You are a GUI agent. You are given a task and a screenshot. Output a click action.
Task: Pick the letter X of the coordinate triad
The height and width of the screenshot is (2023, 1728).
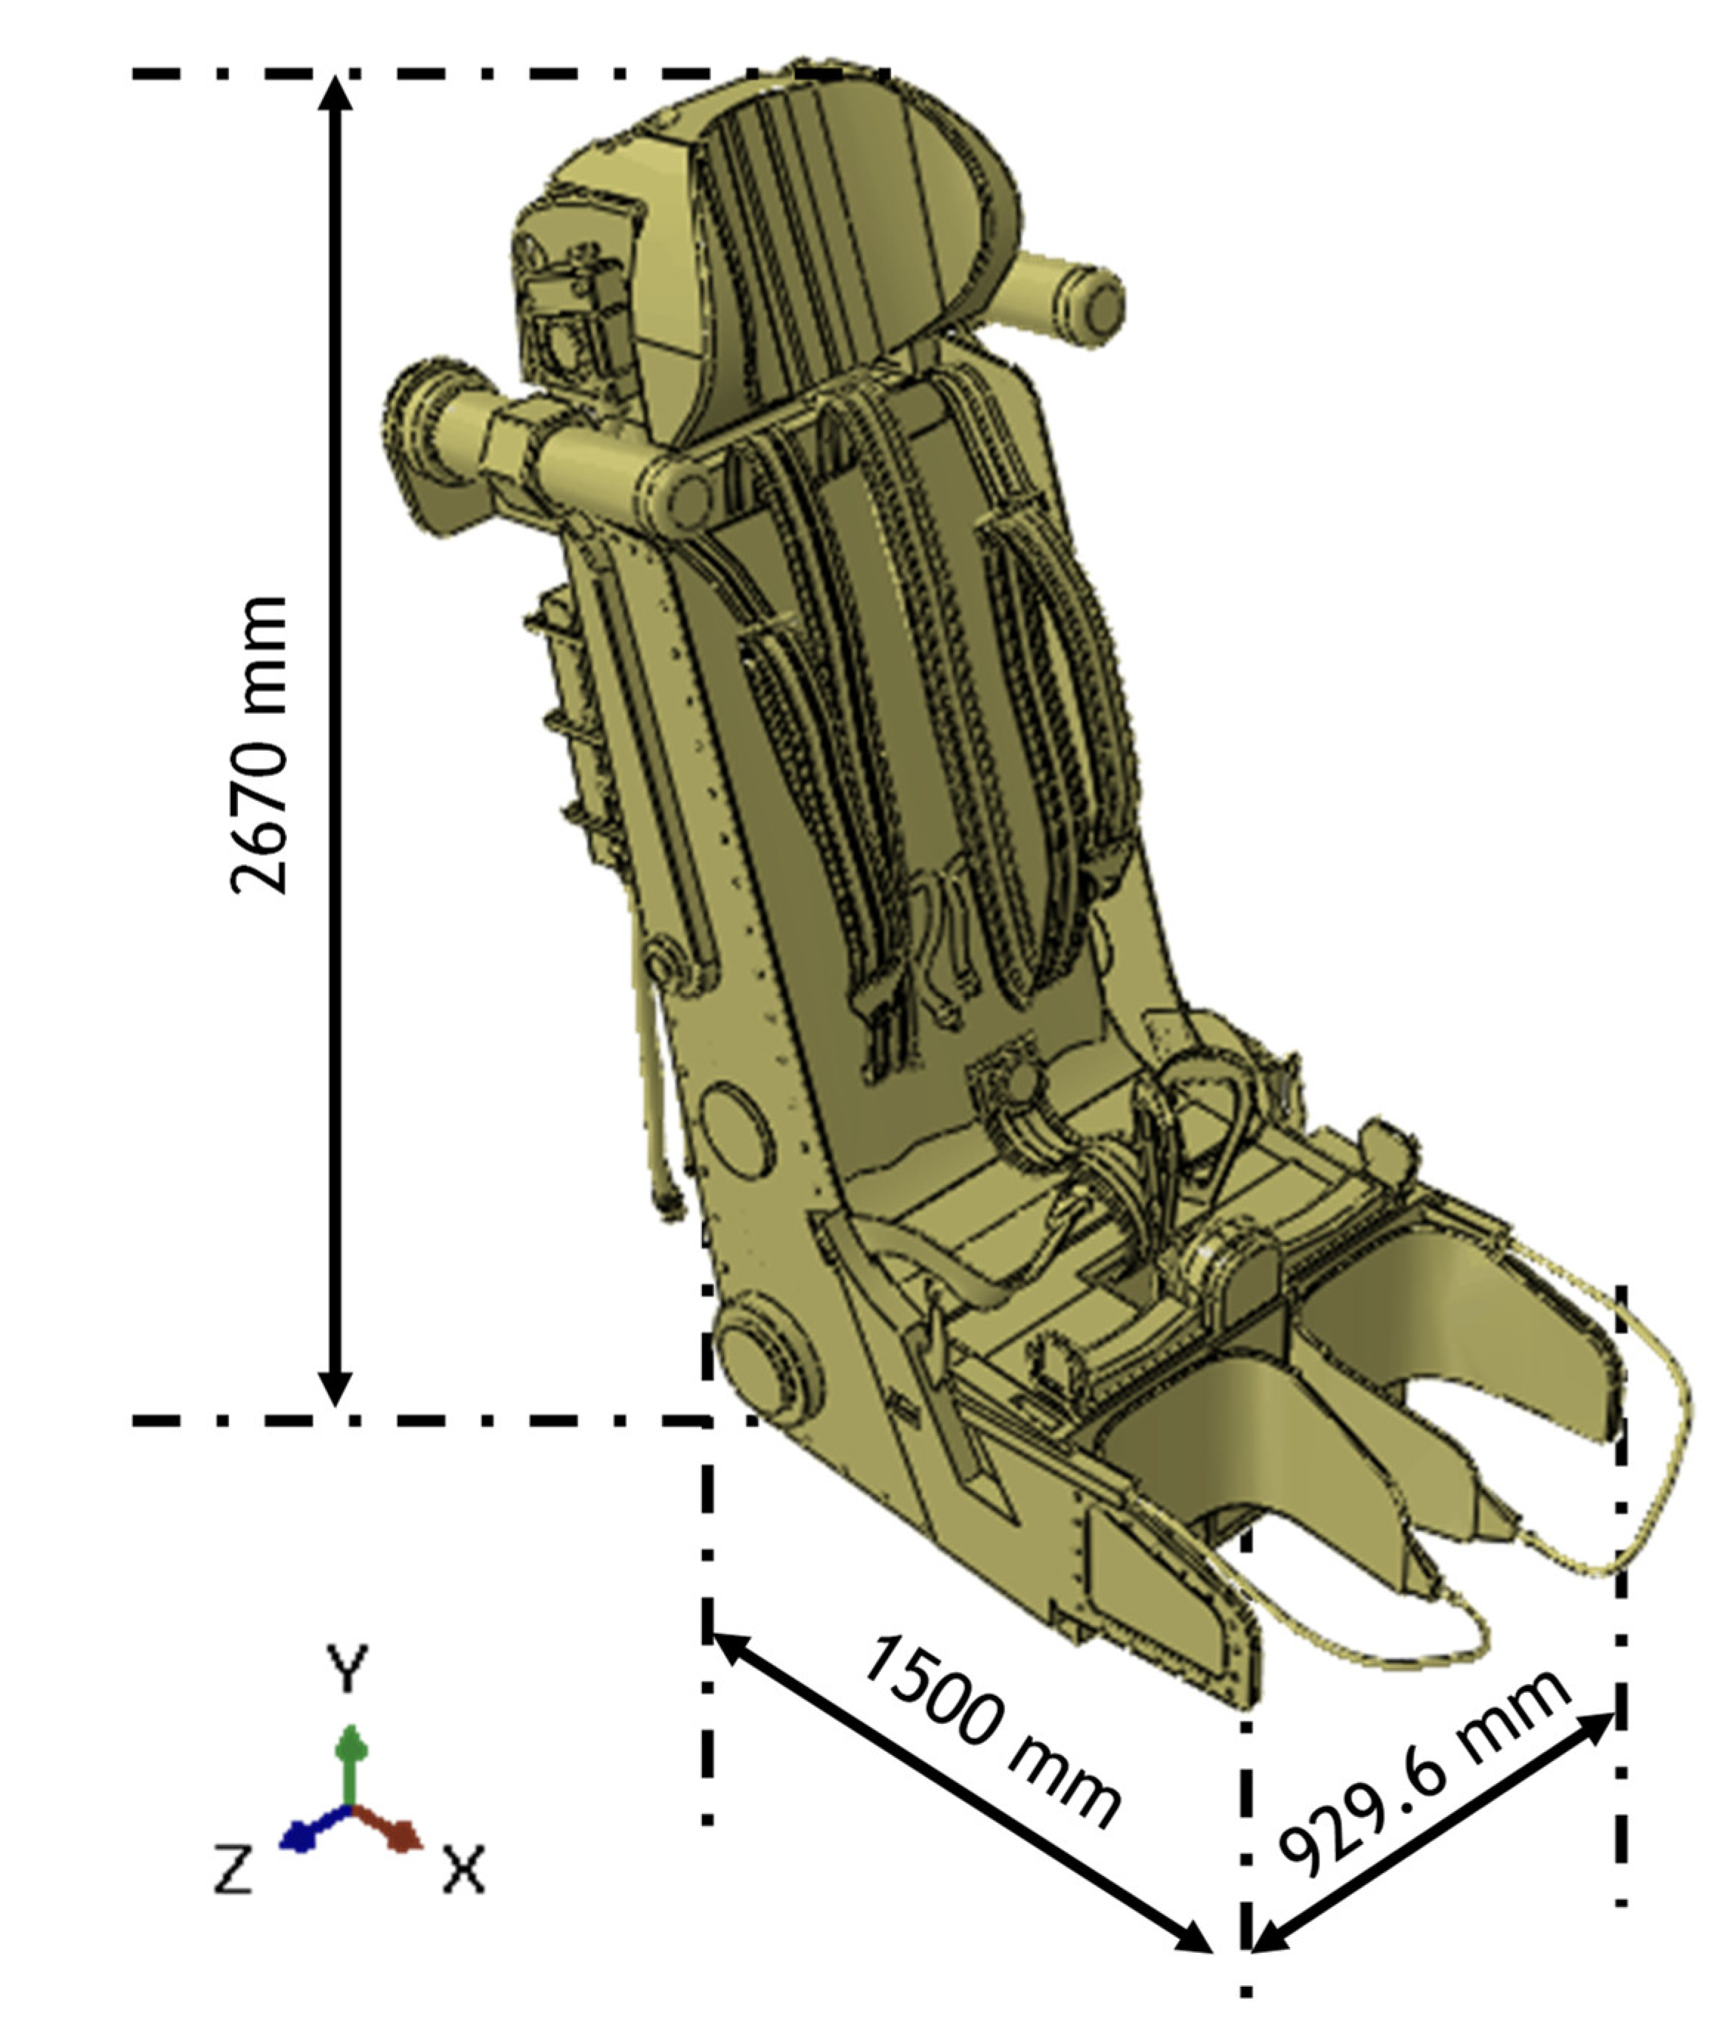click(x=464, y=1869)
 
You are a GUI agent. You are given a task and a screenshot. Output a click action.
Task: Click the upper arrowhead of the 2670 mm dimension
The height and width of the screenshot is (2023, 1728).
click(x=335, y=97)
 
